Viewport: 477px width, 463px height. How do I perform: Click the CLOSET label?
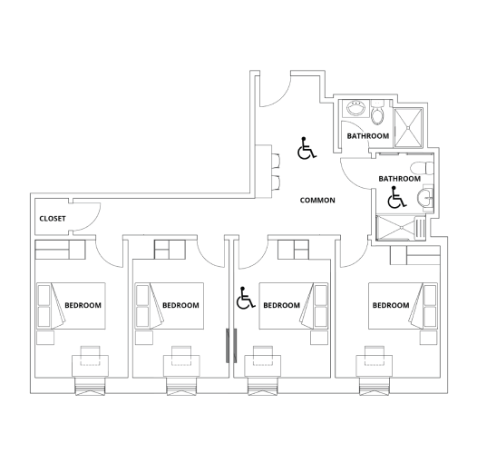[x=53, y=219]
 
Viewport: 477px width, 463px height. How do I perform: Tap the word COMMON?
[x=317, y=201]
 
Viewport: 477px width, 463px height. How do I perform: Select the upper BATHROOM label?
[x=368, y=136]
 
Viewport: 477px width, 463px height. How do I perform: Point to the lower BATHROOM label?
[x=399, y=179]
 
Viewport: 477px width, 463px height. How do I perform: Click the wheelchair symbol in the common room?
[x=307, y=147]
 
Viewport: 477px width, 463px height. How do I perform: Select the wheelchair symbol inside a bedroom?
[x=244, y=299]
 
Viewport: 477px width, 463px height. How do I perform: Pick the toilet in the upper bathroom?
[x=379, y=117]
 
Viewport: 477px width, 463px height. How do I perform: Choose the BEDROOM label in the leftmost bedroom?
[x=83, y=305]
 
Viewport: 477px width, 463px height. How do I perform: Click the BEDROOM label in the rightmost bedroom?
[x=391, y=305]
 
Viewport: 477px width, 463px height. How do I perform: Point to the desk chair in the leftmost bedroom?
[x=91, y=353]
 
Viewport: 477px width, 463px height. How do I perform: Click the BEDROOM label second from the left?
[x=180, y=305]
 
